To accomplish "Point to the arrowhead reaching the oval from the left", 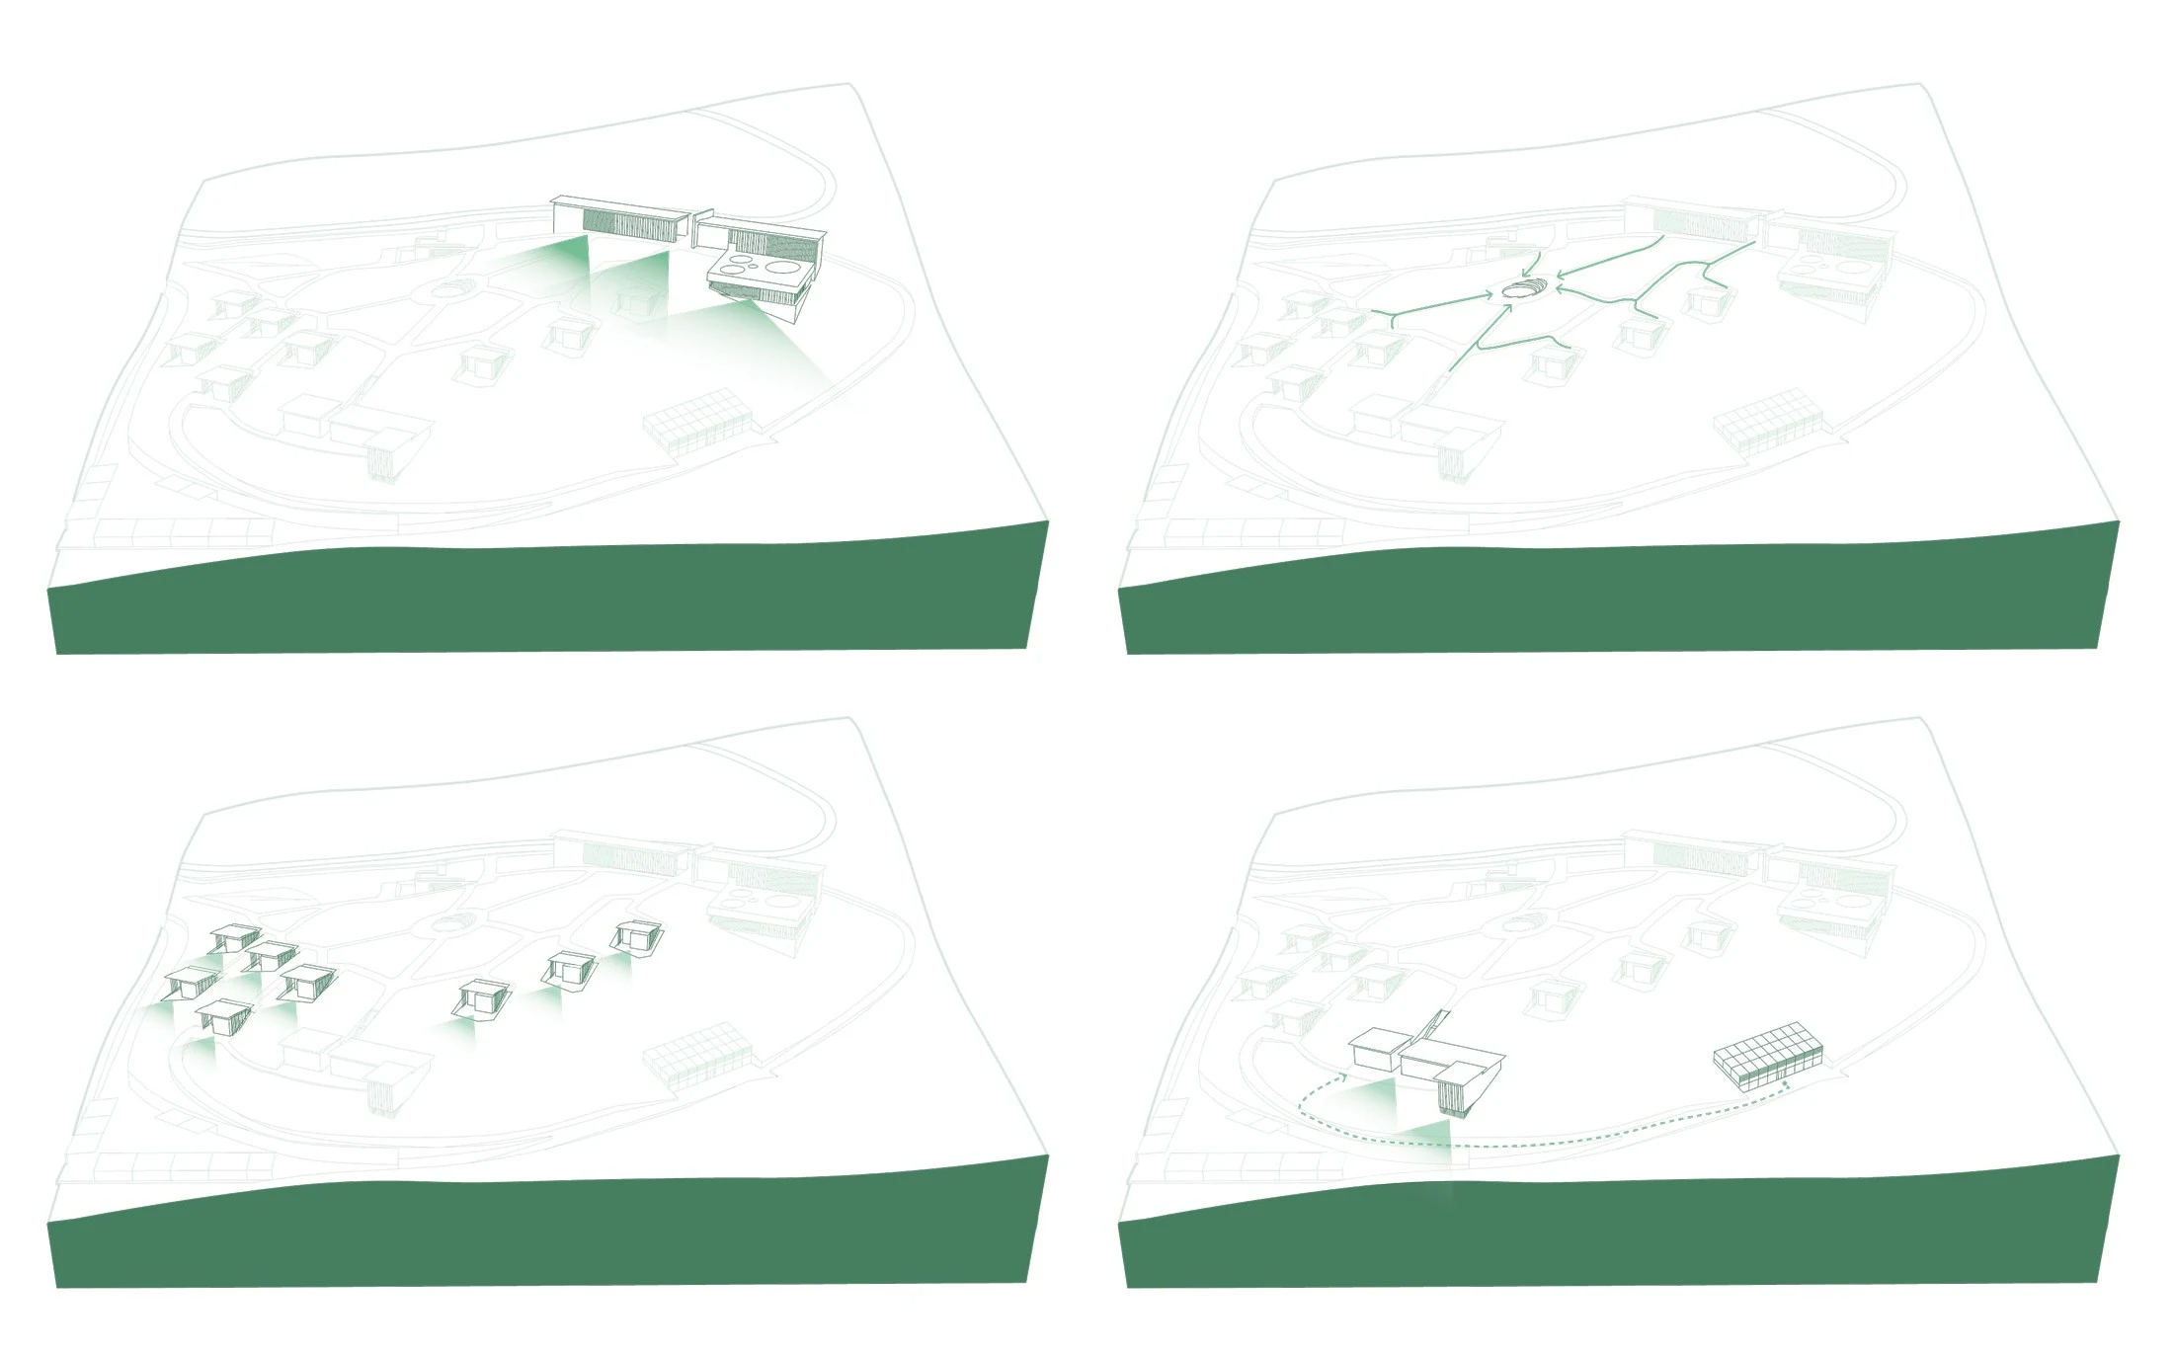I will pos(1490,294).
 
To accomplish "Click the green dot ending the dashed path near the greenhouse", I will pos(1786,1084).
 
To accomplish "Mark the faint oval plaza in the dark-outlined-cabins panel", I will pos(451,923).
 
